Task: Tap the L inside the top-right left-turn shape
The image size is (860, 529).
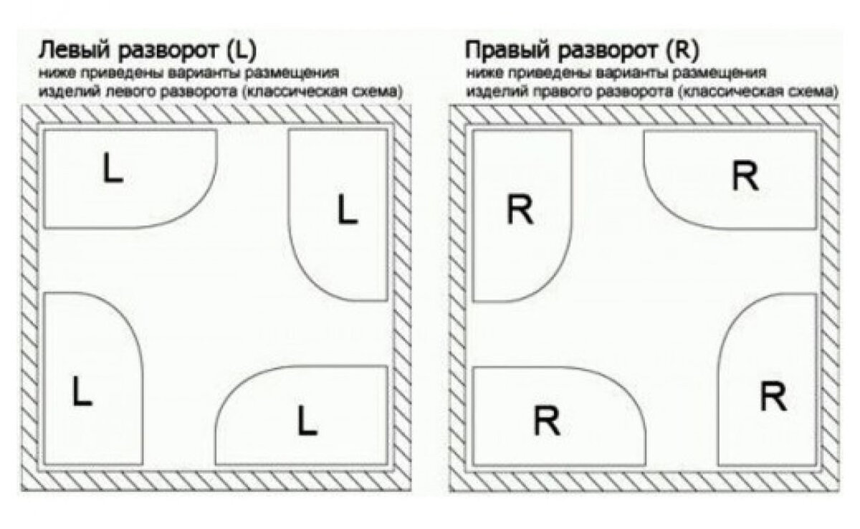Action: (x=347, y=211)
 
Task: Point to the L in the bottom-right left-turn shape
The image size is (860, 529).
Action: (x=307, y=420)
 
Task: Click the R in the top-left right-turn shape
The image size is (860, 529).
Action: (x=520, y=211)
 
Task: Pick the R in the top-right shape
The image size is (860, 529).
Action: (x=745, y=176)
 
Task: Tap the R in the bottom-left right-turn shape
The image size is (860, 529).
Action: (x=547, y=421)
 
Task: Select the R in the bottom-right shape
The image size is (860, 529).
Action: (x=773, y=396)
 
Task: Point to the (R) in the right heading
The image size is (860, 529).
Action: (x=683, y=52)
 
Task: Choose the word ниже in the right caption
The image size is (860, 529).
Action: (x=481, y=74)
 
